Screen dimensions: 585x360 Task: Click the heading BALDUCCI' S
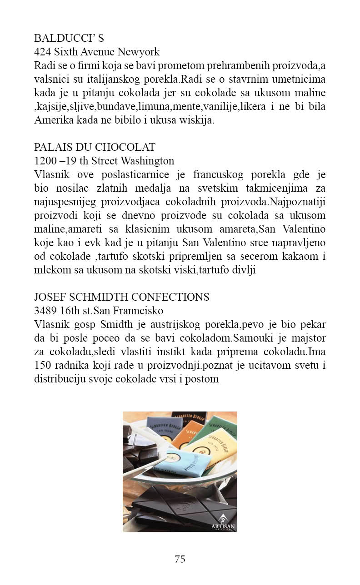[x=69, y=39]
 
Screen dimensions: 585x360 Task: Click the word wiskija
[x=198, y=120]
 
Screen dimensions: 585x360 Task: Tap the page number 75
[x=180, y=559]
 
